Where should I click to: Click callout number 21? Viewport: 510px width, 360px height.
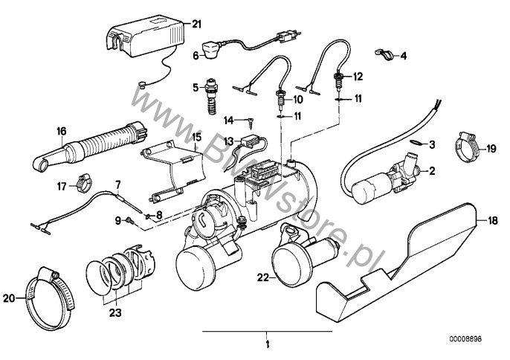point(196,24)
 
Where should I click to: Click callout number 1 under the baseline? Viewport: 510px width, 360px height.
point(265,344)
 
